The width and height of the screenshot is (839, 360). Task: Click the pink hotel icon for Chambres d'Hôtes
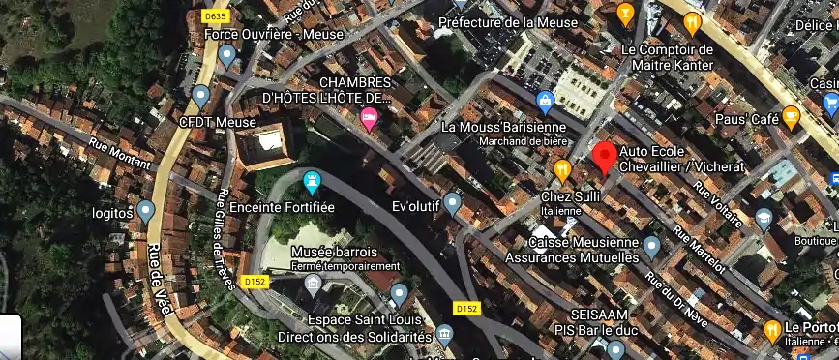[369, 118]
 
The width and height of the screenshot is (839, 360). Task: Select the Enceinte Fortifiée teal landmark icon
[312, 180]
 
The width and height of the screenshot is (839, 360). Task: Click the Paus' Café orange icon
[792, 118]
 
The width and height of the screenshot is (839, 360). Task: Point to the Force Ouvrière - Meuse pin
[227, 56]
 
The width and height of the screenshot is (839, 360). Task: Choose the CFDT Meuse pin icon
[200, 96]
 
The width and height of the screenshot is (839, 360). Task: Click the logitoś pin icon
[146, 210]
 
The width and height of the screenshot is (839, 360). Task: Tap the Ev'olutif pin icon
[452, 203]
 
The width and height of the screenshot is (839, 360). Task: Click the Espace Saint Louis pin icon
[399, 293]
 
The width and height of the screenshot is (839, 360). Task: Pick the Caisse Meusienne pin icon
[651, 245]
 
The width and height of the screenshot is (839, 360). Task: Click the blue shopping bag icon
[545, 100]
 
